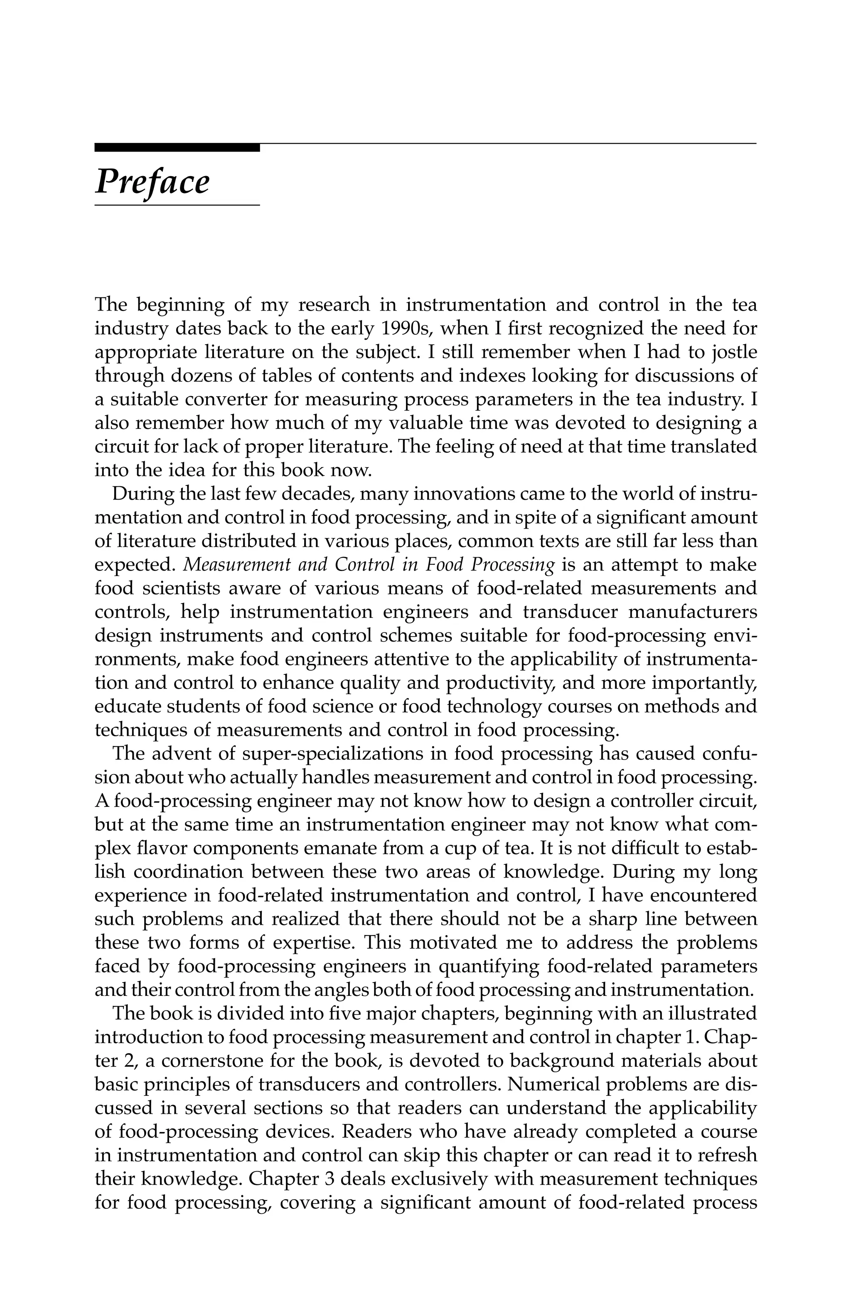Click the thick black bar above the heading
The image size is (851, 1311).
[x=176, y=147]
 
